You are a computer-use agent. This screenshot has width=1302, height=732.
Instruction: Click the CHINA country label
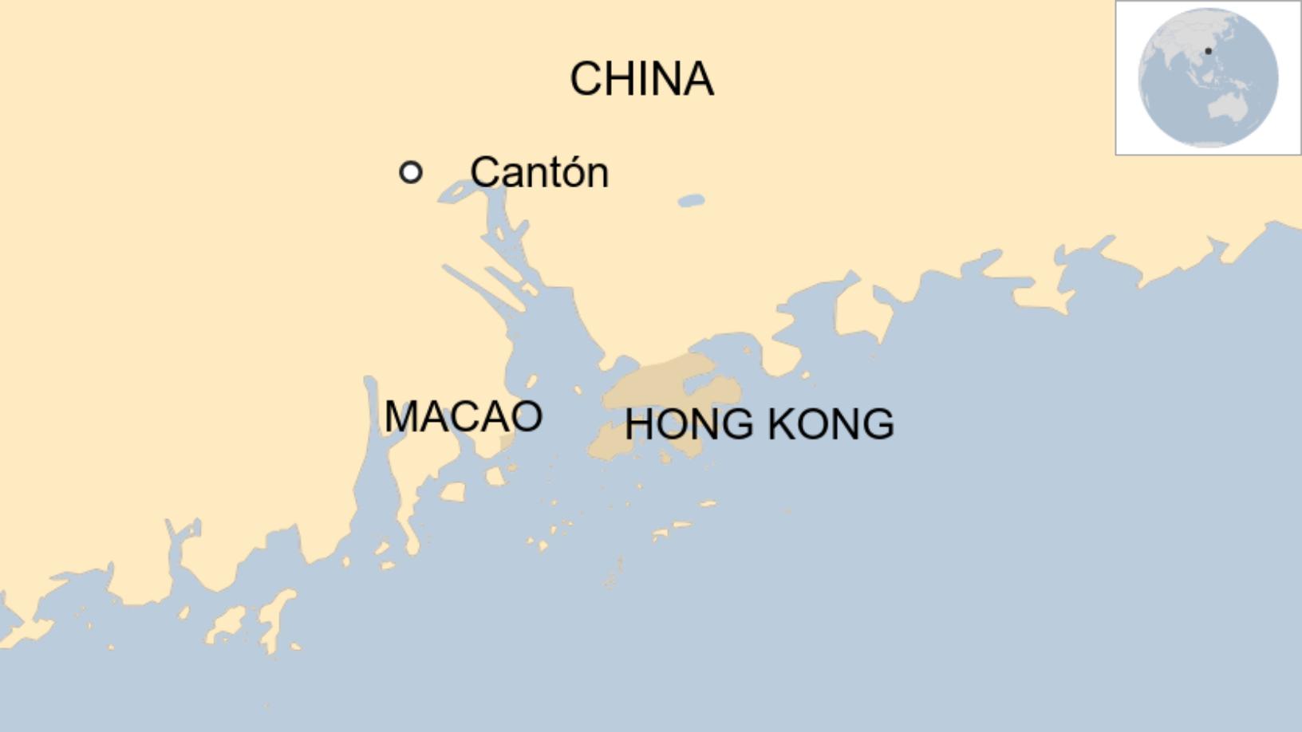[641, 79]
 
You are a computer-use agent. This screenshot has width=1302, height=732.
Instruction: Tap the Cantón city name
[539, 172]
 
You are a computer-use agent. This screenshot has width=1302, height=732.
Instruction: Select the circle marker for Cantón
[410, 172]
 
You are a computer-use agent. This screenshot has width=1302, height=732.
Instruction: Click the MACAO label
[463, 416]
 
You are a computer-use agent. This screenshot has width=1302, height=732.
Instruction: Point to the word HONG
[688, 424]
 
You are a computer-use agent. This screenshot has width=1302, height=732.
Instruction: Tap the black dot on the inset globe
[1208, 51]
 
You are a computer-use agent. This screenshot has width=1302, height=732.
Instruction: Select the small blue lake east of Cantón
[691, 201]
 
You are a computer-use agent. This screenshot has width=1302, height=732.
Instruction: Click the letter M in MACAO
[402, 416]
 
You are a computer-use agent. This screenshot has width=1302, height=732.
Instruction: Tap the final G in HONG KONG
[878, 424]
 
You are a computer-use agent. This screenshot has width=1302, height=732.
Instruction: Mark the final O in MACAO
[527, 416]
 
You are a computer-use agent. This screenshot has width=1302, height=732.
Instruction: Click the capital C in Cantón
[484, 172]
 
